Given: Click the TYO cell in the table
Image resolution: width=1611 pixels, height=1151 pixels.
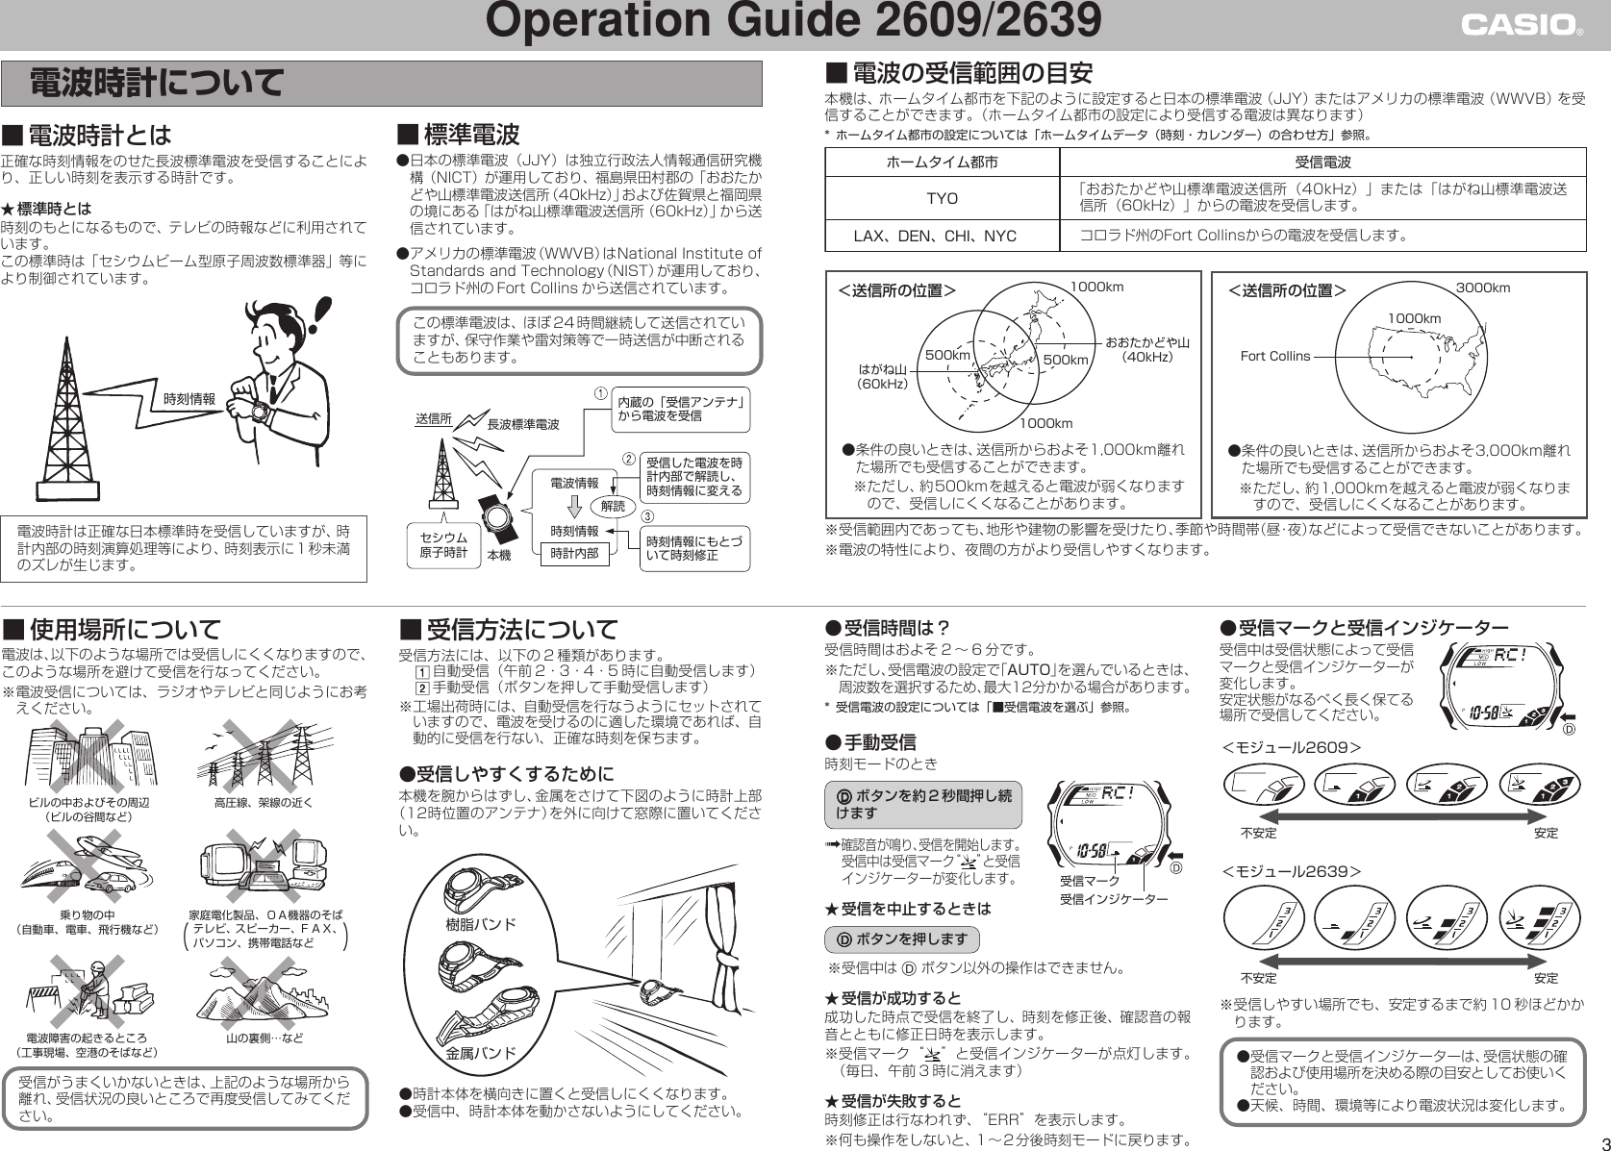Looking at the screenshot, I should (x=942, y=198).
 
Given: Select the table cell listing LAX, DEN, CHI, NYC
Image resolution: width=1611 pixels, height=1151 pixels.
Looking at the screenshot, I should (x=942, y=236).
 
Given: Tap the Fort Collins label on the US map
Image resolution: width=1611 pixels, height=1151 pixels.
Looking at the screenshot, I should (x=1275, y=356).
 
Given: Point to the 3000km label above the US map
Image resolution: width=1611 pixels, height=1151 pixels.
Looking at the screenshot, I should (x=1482, y=288).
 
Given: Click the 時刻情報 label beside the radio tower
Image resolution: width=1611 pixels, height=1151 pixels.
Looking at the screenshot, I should (x=189, y=399).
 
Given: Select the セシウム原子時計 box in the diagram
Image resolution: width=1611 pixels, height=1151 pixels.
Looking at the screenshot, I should (x=443, y=545).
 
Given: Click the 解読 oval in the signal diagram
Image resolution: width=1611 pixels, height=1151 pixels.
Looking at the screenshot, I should (x=613, y=506).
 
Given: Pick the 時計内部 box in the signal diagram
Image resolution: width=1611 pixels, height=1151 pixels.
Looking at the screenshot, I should (x=574, y=554).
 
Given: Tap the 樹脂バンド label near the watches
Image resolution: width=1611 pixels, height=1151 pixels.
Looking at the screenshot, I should (x=482, y=925).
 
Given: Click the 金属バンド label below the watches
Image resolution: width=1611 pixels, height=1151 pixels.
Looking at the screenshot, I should (x=481, y=1053).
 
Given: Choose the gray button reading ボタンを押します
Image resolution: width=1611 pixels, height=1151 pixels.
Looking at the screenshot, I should (x=901, y=939).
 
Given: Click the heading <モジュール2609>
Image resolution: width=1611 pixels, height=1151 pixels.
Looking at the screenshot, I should (x=1291, y=747).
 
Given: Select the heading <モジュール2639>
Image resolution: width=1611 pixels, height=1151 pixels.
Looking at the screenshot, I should (x=1291, y=871).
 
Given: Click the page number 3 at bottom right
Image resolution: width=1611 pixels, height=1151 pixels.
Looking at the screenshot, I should (x=1599, y=1140).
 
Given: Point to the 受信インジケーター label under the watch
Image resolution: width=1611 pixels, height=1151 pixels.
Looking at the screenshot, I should (x=1114, y=899).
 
